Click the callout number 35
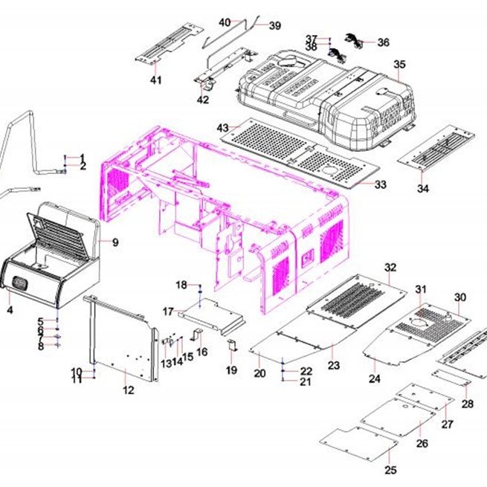[399, 64]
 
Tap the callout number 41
[156, 80]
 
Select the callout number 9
[115, 242]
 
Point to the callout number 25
[391, 470]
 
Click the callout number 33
[380, 184]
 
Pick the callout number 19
[231, 370]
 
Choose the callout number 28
[468, 404]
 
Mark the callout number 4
[10, 309]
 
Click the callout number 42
[203, 100]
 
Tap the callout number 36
[383, 42]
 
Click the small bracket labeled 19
[232, 346]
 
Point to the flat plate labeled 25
[358, 445]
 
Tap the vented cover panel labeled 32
[356, 300]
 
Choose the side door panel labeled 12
[123, 338]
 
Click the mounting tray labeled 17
[212, 317]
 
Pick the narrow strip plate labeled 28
[451, 377]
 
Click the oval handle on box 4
[20, 283]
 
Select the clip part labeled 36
[355, 40]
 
